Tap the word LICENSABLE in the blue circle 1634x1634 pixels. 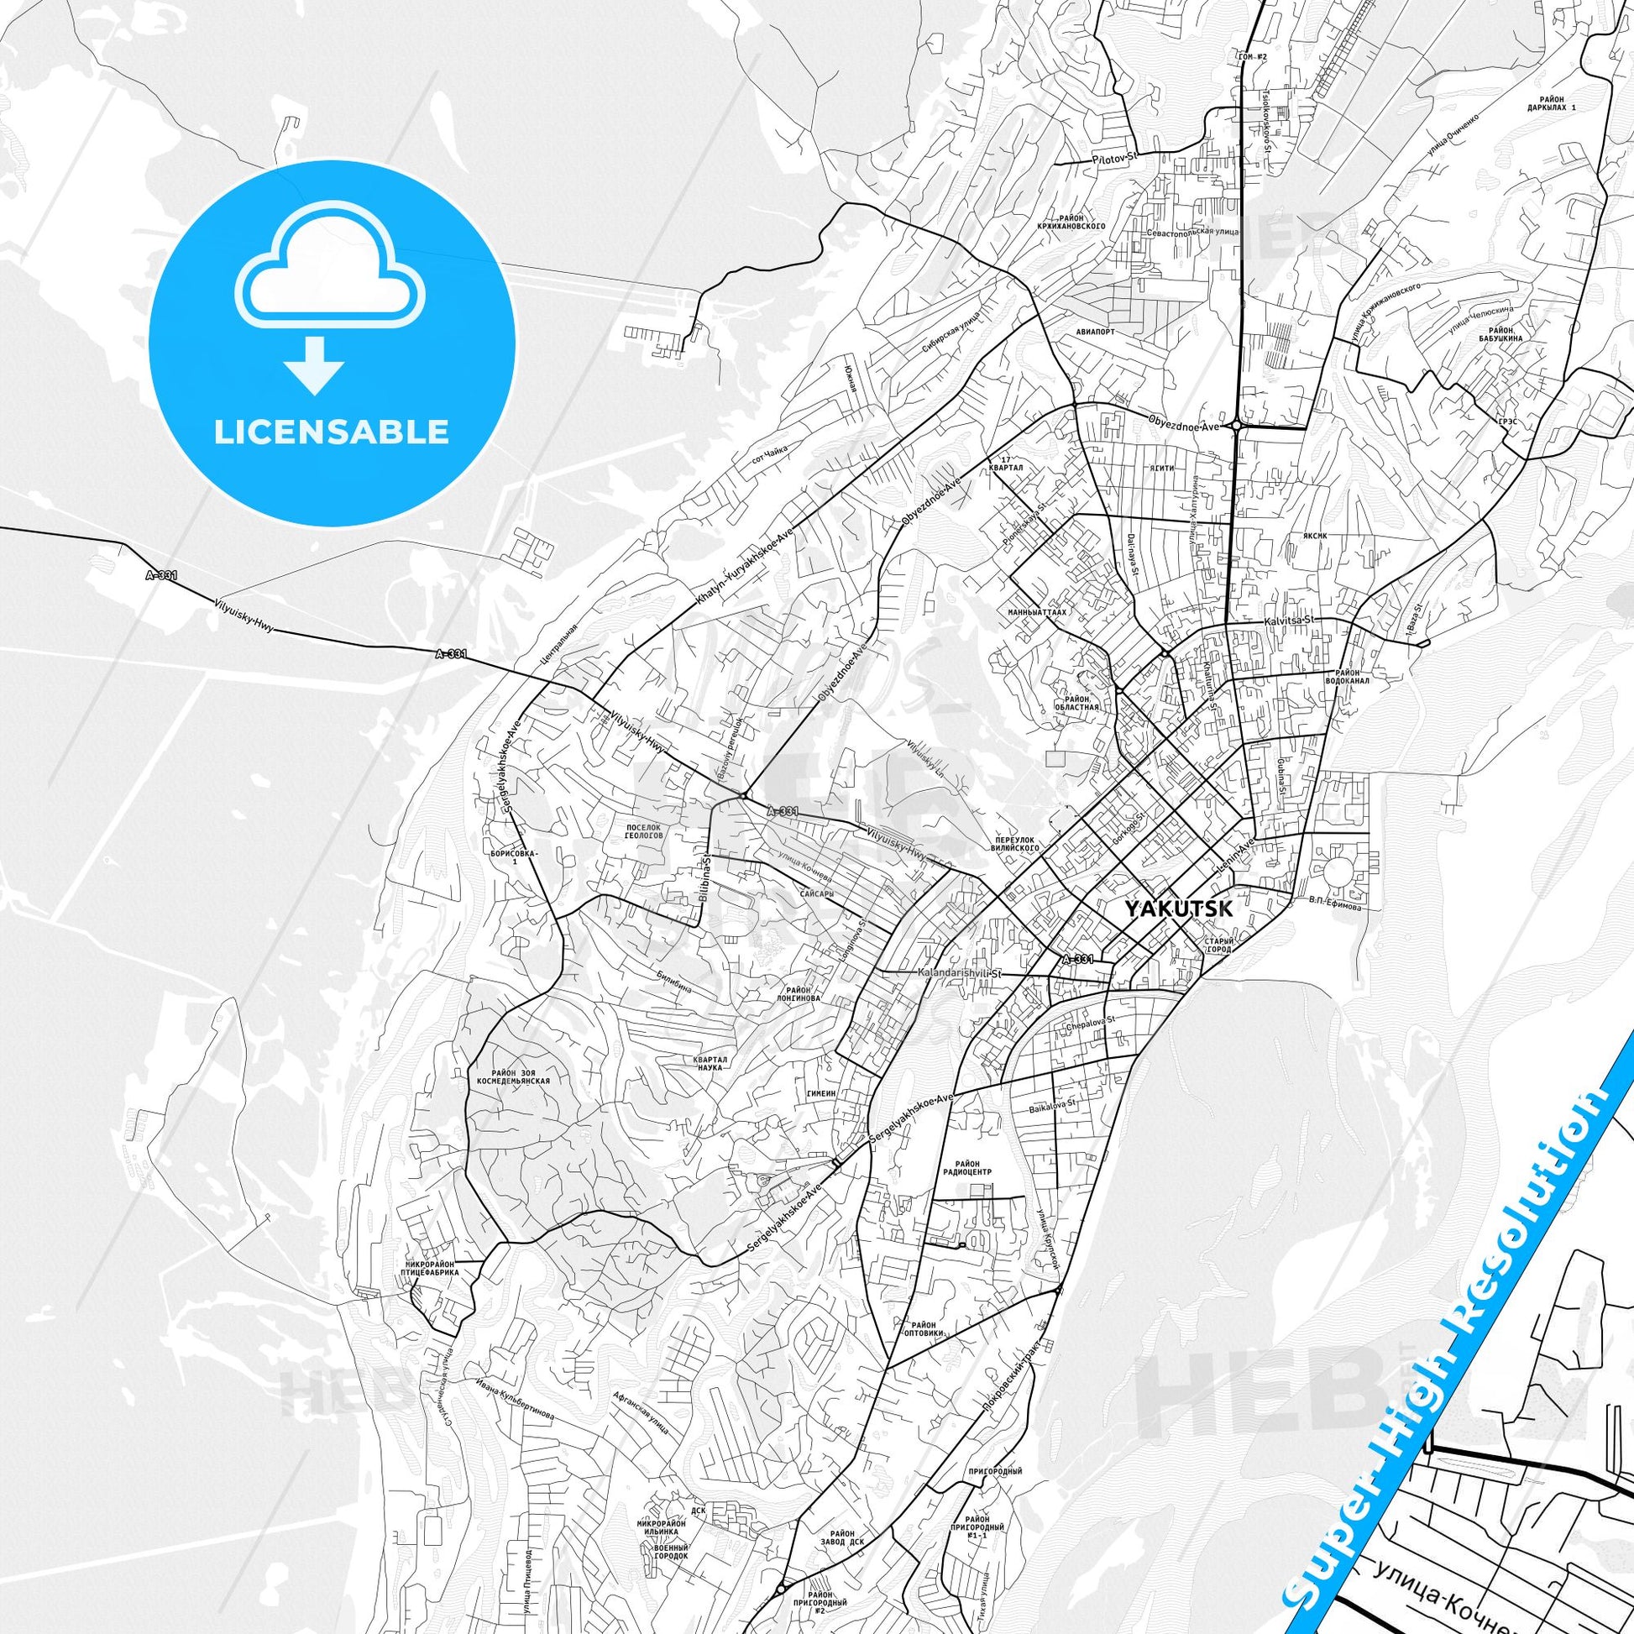332,432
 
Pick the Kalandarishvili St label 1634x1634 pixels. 959,973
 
